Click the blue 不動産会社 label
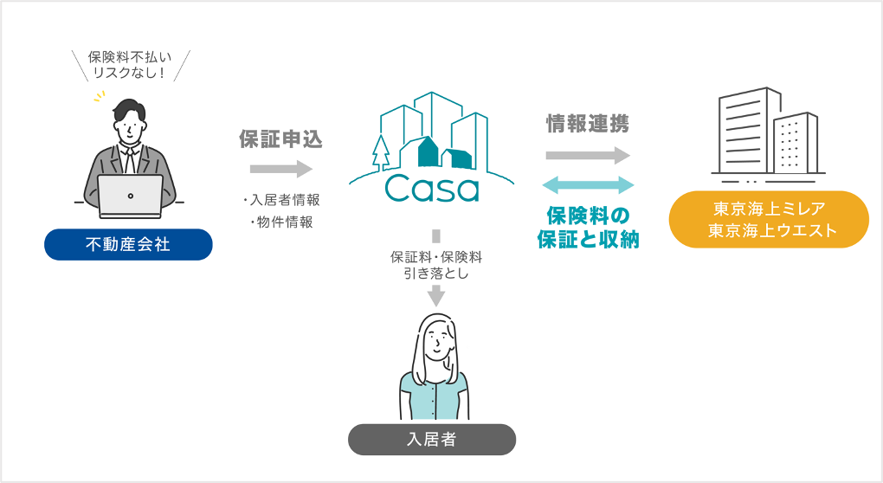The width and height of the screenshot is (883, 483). pyautogui.click(x=128, y=245)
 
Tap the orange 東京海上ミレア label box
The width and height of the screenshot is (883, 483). pyautogui.click(x=770, y=220)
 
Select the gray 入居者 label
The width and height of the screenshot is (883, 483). pyautogui.click(x=431, y=440)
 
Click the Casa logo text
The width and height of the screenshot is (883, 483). pyautogui.click(x=432, y=186)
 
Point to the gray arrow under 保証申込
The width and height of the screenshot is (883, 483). pyautogui.click(x=280, y=169)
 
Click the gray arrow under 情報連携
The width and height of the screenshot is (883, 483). pyautogui.click(x=588, y=156)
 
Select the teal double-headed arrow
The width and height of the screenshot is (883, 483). pyautogui.click(x=588, y=184)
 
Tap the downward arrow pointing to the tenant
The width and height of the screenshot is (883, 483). pyautogui.click(x=436, y=294)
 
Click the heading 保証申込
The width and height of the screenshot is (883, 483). pyautogui.click(x=280, y=138)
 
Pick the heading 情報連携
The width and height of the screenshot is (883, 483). pyautogui.click(x=587, y=124)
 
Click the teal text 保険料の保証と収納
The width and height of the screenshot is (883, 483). pyautogui.click(x=588, y=227)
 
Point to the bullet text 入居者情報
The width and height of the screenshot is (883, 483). pyautogui.click(x=282, y=200)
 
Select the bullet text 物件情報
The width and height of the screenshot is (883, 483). pyautogui.click(x=282, y=222)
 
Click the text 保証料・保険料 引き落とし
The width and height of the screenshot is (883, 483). pyautogui.click(x=435, y=264)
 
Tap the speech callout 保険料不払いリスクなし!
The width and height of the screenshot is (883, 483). pyautogui.click(x=130, y=64)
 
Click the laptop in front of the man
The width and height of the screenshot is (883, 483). pyautogui.click(x=130, y=196)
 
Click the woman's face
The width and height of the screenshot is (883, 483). pyautogui.click(x=437, y=343)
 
